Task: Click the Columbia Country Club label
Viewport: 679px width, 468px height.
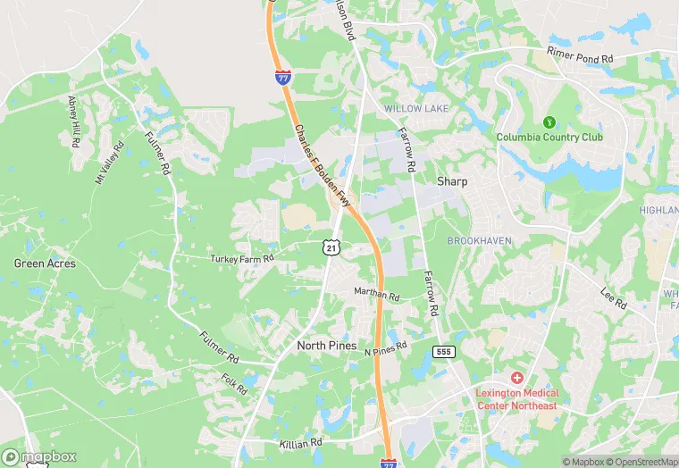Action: [549, 137]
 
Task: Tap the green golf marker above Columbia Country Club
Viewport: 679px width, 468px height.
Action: [549, 121]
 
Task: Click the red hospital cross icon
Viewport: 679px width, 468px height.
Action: [517, 379]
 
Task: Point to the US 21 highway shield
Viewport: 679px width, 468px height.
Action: [331, 247]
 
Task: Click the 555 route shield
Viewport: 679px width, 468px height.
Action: [443, 352]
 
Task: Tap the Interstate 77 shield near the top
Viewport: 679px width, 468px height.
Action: [282, 77]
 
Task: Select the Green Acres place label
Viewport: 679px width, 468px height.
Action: [45, 263]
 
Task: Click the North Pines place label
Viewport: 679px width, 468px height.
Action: [326, 346]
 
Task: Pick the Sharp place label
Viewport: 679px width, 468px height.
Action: [452, 180]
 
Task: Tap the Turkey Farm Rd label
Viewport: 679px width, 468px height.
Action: [241, 258]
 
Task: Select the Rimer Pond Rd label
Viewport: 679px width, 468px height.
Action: [581, 54]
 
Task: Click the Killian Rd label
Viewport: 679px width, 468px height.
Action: [299, 443]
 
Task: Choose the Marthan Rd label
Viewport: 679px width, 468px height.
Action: [376, 294]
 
